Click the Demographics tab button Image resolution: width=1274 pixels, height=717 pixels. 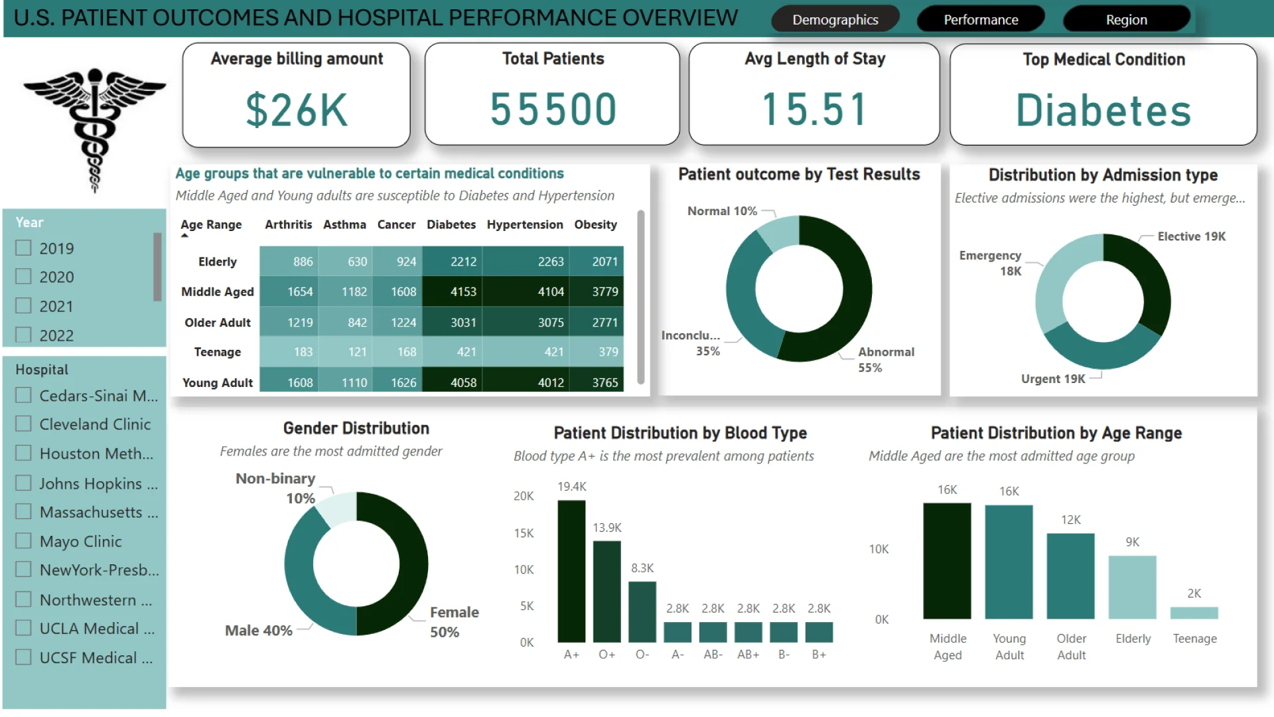click(x=835, y=20)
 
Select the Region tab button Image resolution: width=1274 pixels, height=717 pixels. click(x=1126, y=20)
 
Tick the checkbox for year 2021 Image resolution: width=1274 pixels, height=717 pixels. click(x=24, y=306)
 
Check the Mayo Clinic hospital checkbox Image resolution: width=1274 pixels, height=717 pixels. click(x=24, y=541)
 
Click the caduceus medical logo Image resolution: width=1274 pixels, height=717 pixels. click(x=94, y=126)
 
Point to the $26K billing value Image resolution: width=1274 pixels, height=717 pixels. click(x=297, y=110)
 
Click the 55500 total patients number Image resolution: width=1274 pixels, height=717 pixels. click(x=553, y=110)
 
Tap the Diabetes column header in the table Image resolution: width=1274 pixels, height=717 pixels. click(x=451, y=224)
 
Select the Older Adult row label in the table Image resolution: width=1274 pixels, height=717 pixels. click(x=217, y=323)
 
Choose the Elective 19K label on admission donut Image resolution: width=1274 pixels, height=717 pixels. click(x=1191, y=236)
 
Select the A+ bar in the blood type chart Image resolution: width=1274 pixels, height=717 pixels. click(x=571, y=571)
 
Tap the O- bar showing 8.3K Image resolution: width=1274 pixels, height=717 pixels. click(x=642, y=611)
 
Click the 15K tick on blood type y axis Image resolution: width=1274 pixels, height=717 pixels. click(x=524, y=533)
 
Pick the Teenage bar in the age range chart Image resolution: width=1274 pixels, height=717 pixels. click(x=1194, y=613)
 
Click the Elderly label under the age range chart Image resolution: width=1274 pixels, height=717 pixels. click(x=1133, y=639)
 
